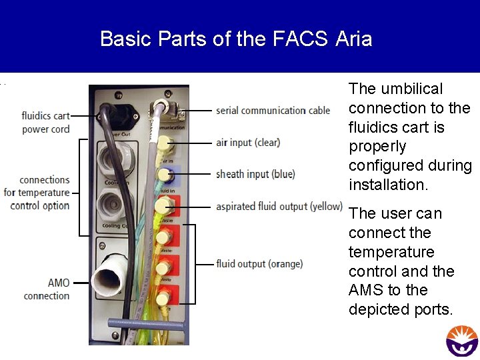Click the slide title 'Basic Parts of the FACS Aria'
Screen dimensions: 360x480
point(236,38)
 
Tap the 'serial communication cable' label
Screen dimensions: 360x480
point(273,110)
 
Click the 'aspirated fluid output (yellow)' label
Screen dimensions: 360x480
point(279,207)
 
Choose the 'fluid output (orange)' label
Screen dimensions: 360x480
point(259,264)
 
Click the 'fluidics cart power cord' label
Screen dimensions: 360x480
point(45,123)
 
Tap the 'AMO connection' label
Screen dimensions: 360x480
point(47,289)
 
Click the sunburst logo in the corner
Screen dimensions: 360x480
point(462,339)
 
